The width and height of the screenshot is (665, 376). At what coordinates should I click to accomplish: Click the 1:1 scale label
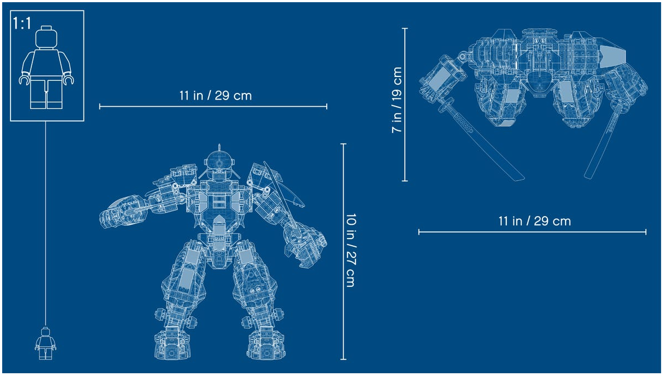coord(21,23)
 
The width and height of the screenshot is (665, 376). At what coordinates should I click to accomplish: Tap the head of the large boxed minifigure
coord(46,37)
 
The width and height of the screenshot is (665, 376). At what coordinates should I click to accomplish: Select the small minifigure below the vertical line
coord(46,344)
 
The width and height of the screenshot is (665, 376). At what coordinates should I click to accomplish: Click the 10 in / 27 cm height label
coord(351,250)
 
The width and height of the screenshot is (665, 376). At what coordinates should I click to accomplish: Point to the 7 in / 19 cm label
coord(396,100)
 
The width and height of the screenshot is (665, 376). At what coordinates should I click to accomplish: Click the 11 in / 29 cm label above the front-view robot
coord(215,96)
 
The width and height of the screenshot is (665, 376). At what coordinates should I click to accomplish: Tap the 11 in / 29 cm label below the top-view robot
coord(534,221)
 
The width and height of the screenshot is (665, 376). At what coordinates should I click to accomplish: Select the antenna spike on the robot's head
coord(219,148)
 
